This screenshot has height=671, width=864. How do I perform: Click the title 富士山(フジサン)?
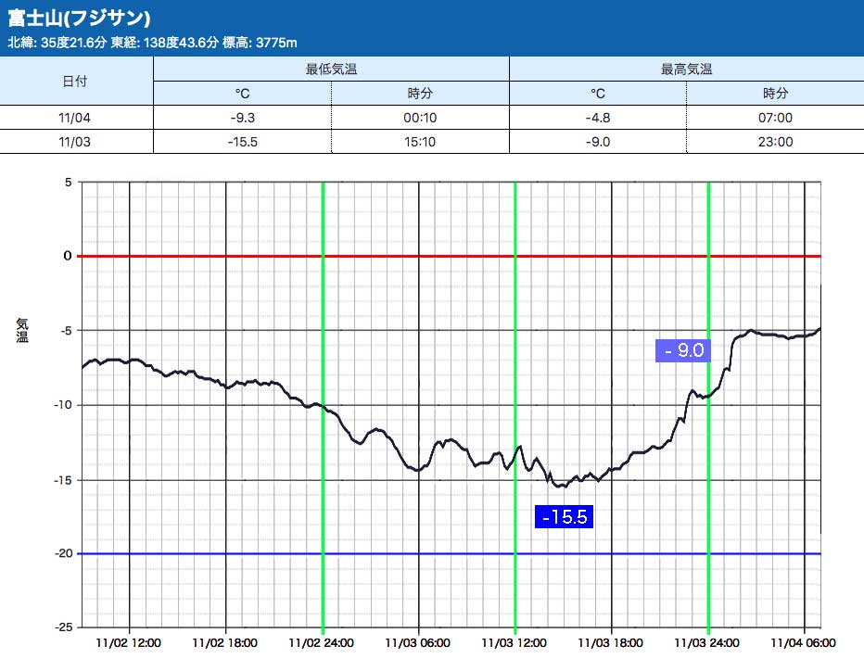click(79, 19)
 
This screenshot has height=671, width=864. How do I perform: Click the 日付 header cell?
click(75, 81)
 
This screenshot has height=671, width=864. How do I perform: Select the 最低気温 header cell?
click(331, 69)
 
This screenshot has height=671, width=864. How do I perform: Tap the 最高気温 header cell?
click(686, 69)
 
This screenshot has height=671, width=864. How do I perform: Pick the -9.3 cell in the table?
click(243, 118)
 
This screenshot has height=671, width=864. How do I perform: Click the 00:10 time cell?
click(420, 118)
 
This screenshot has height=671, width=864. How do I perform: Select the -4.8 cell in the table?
click(598, 118)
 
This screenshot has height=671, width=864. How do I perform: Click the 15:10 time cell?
click(420, 142)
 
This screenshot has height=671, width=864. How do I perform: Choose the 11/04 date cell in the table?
click(75, 118)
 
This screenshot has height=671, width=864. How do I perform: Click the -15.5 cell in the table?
click(243, 142)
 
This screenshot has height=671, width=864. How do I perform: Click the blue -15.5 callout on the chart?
click(564, 516)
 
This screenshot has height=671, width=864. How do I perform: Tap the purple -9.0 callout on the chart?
click(682, 349)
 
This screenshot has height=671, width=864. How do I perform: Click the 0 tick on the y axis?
click(67, 256)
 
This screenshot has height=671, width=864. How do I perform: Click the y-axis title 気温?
click(22, 330)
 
